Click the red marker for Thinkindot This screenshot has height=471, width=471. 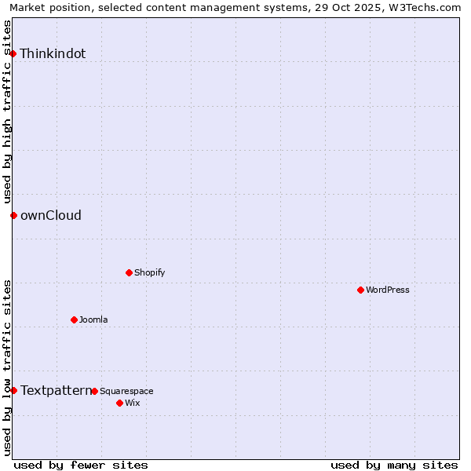[x=13, y=53]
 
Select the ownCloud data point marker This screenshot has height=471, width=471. [x=13, y=215]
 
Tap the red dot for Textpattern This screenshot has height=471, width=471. [x=13, y=390]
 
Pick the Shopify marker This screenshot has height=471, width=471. [x=130, y=272]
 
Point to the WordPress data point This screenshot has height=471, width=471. [x=361, y=290]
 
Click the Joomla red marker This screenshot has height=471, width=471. [x=75, y=319]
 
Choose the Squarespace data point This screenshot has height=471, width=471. [x=95, y=391]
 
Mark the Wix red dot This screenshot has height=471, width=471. [x=120, y=403]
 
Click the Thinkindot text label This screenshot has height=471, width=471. [x=53, y=54]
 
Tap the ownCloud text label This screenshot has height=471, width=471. [x=51, y=216]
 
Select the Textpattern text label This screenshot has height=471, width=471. [x=56, y=390]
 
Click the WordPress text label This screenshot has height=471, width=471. [x=388, y=290]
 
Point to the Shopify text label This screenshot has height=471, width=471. [x=150, y=272]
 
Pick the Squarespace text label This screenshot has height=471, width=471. [x=126, y=391]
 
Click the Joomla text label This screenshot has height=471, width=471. [x=93, y=319]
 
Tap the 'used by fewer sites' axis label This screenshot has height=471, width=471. [x=81, y=465]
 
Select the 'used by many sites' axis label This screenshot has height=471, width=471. [x=394, y=465]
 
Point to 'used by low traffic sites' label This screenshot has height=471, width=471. [x=8, y=367]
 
